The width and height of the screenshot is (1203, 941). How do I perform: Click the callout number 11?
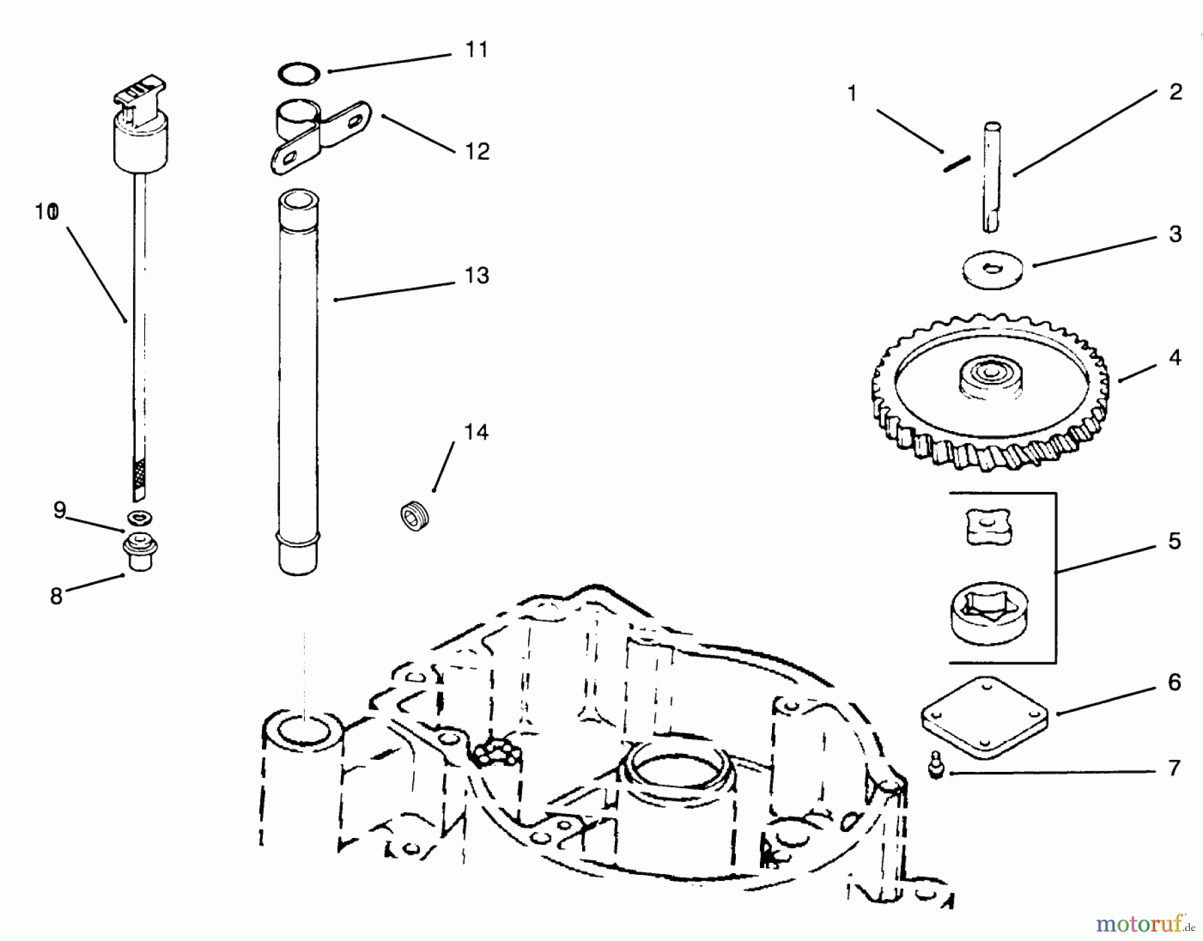(477, 50)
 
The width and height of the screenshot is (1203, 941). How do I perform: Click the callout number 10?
(47, 213)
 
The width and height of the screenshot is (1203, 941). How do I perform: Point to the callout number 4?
(1175, 358)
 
